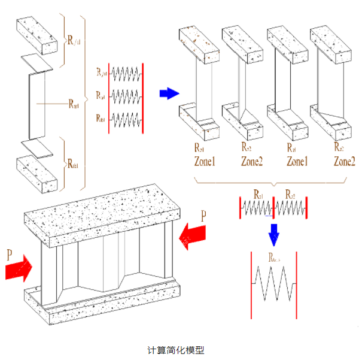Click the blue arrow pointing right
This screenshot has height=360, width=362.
tap(169, 93)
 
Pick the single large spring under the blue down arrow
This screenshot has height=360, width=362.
tap(274, 285)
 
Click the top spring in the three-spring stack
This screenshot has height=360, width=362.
tap(126, 74)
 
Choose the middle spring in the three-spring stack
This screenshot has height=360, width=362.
tap(126, 95)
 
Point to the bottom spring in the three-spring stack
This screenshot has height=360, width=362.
tap(126, 117)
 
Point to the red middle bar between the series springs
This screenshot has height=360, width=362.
tap(273, 207)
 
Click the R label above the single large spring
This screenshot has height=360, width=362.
tap(274, 259)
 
